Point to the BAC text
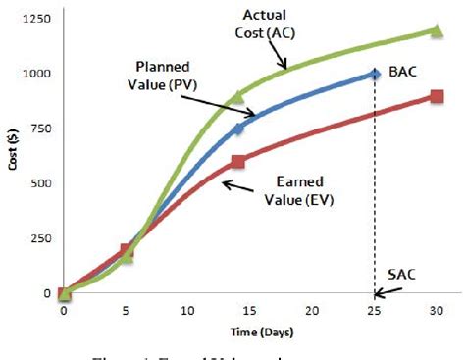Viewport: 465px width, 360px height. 401,73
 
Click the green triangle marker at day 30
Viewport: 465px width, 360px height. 437,30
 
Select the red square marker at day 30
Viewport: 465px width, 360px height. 437,96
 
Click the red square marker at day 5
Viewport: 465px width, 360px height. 126,250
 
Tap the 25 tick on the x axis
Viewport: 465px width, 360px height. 375,310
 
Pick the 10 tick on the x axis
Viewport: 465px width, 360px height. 187,310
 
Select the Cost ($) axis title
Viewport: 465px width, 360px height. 12,157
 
